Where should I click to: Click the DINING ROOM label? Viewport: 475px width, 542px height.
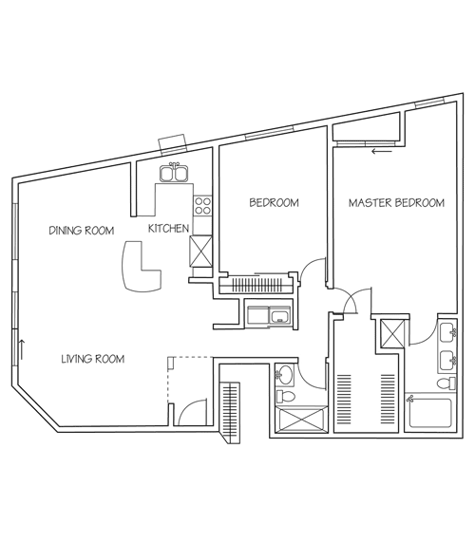(82, 230)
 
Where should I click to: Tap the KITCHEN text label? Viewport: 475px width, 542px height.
(168, 230)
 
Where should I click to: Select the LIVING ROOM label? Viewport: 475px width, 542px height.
(93, 359)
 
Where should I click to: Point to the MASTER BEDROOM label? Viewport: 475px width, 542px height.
(396, 203)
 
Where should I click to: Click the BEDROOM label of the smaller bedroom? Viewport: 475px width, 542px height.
(274, 203)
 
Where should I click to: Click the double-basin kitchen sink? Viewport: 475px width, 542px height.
(175, 174)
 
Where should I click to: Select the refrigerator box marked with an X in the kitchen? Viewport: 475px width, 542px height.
(202, 251)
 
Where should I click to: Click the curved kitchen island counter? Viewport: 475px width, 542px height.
(140, 269)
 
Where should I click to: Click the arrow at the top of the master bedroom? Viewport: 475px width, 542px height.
(382, 150)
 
